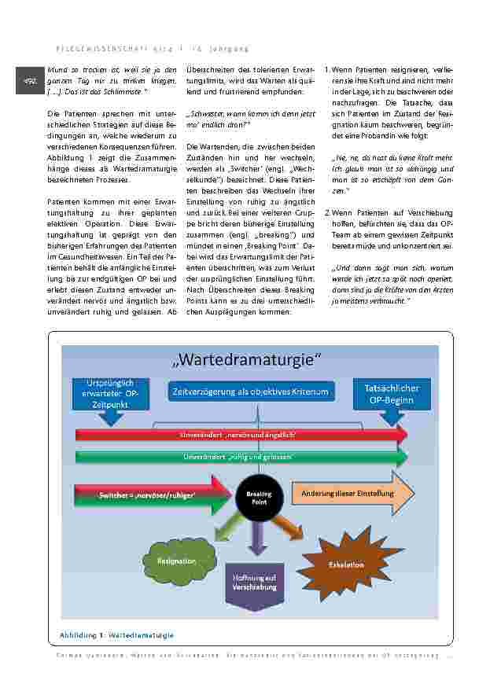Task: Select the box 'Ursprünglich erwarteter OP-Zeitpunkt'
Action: [109, 393]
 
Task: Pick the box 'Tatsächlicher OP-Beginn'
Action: [392, 395]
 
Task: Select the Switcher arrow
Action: [149, 495]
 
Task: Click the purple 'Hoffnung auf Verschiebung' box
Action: [253, 583]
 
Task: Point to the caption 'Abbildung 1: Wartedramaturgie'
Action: [116, 634]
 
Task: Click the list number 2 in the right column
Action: [326, 212]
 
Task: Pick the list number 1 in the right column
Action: [326, 70]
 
